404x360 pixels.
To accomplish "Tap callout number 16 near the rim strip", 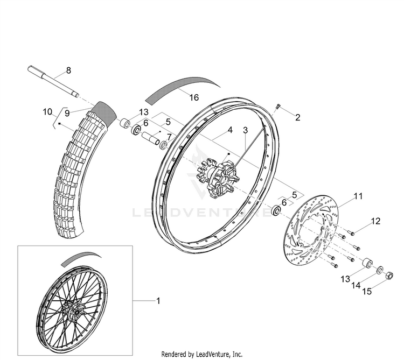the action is click(194, 97).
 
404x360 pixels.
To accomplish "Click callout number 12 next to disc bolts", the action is click(360, 220).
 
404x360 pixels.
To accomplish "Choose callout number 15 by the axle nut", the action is click(368, 292).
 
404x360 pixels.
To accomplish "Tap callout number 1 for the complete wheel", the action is click(158, 302).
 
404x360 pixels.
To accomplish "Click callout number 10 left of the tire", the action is click(47, 112).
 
